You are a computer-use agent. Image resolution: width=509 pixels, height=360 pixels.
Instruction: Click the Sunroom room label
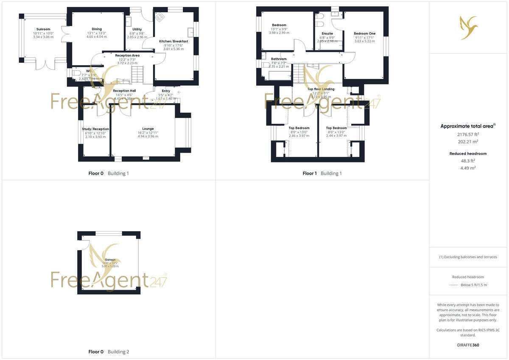click(43, 29)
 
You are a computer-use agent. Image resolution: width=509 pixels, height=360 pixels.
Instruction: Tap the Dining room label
click(97, 29)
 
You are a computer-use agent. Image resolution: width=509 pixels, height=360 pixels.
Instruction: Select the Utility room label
click(137, 29)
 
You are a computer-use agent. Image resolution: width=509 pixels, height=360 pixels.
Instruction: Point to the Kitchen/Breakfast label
click(173, 41)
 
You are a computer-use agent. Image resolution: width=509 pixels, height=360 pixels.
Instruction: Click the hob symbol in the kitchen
click(160, 17)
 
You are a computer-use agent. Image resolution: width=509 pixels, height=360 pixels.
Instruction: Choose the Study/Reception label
click(95, 129)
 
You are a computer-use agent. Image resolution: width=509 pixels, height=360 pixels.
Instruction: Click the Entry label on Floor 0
click(166, 91)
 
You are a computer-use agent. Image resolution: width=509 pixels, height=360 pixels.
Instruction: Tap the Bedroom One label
click(365, 33)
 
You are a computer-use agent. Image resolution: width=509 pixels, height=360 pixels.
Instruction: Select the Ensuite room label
click(327, 33)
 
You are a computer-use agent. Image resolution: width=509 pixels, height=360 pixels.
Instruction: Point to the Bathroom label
click(279, 59)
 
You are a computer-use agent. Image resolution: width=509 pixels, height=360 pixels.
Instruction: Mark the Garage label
click(110, 259)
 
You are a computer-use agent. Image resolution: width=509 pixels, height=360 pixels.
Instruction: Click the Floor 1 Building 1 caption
click(322, 173)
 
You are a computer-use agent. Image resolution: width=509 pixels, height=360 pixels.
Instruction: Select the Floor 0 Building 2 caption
click(109, 352)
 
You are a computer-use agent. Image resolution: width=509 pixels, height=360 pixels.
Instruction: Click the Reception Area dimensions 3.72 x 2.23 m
click(127, 63)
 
